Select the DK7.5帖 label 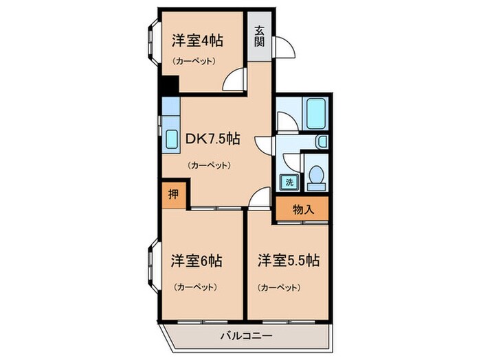pyautogui.click(x=212, y=139)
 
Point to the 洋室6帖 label pyautogui.click(x=196, y=261)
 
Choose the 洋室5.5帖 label pyautogui.click(x=288, y=261)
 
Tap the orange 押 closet pyautogui.click(x=174, y=193)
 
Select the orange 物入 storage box pyautogui.click(x=302, y=210)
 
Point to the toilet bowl pyautogui.click(x=317, y=176)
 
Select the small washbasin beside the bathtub pyautogui.click(x=322, y=141)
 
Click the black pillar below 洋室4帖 pyautogui.click(x=168, y=85)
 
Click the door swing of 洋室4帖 pyautogui.click(x=236, y=81)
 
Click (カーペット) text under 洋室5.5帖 pyautogui.click(x=278, y=287)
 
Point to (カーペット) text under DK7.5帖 pyautogui.click(x=208, y=165)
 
